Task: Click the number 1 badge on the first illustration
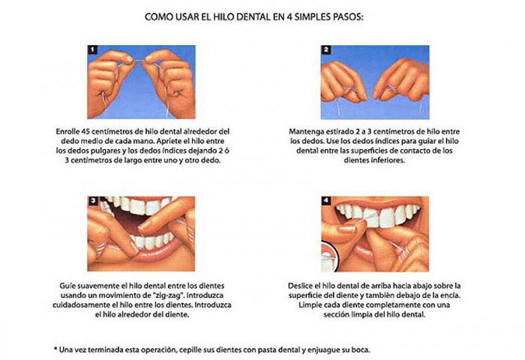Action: (x=94, y=50)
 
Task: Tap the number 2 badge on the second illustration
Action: (x=326, y=50)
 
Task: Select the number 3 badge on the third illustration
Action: (x=94, y=201)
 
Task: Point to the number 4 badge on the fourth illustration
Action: (x=326, y=201)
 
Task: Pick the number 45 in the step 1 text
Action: (x=94, y=130)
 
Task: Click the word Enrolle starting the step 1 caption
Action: (x=72, y=130)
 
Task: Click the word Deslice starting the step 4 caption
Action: (x=303, y=286)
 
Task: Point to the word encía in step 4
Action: (x=445, y=295)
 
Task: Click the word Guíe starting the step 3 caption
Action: (x=67, y=286)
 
